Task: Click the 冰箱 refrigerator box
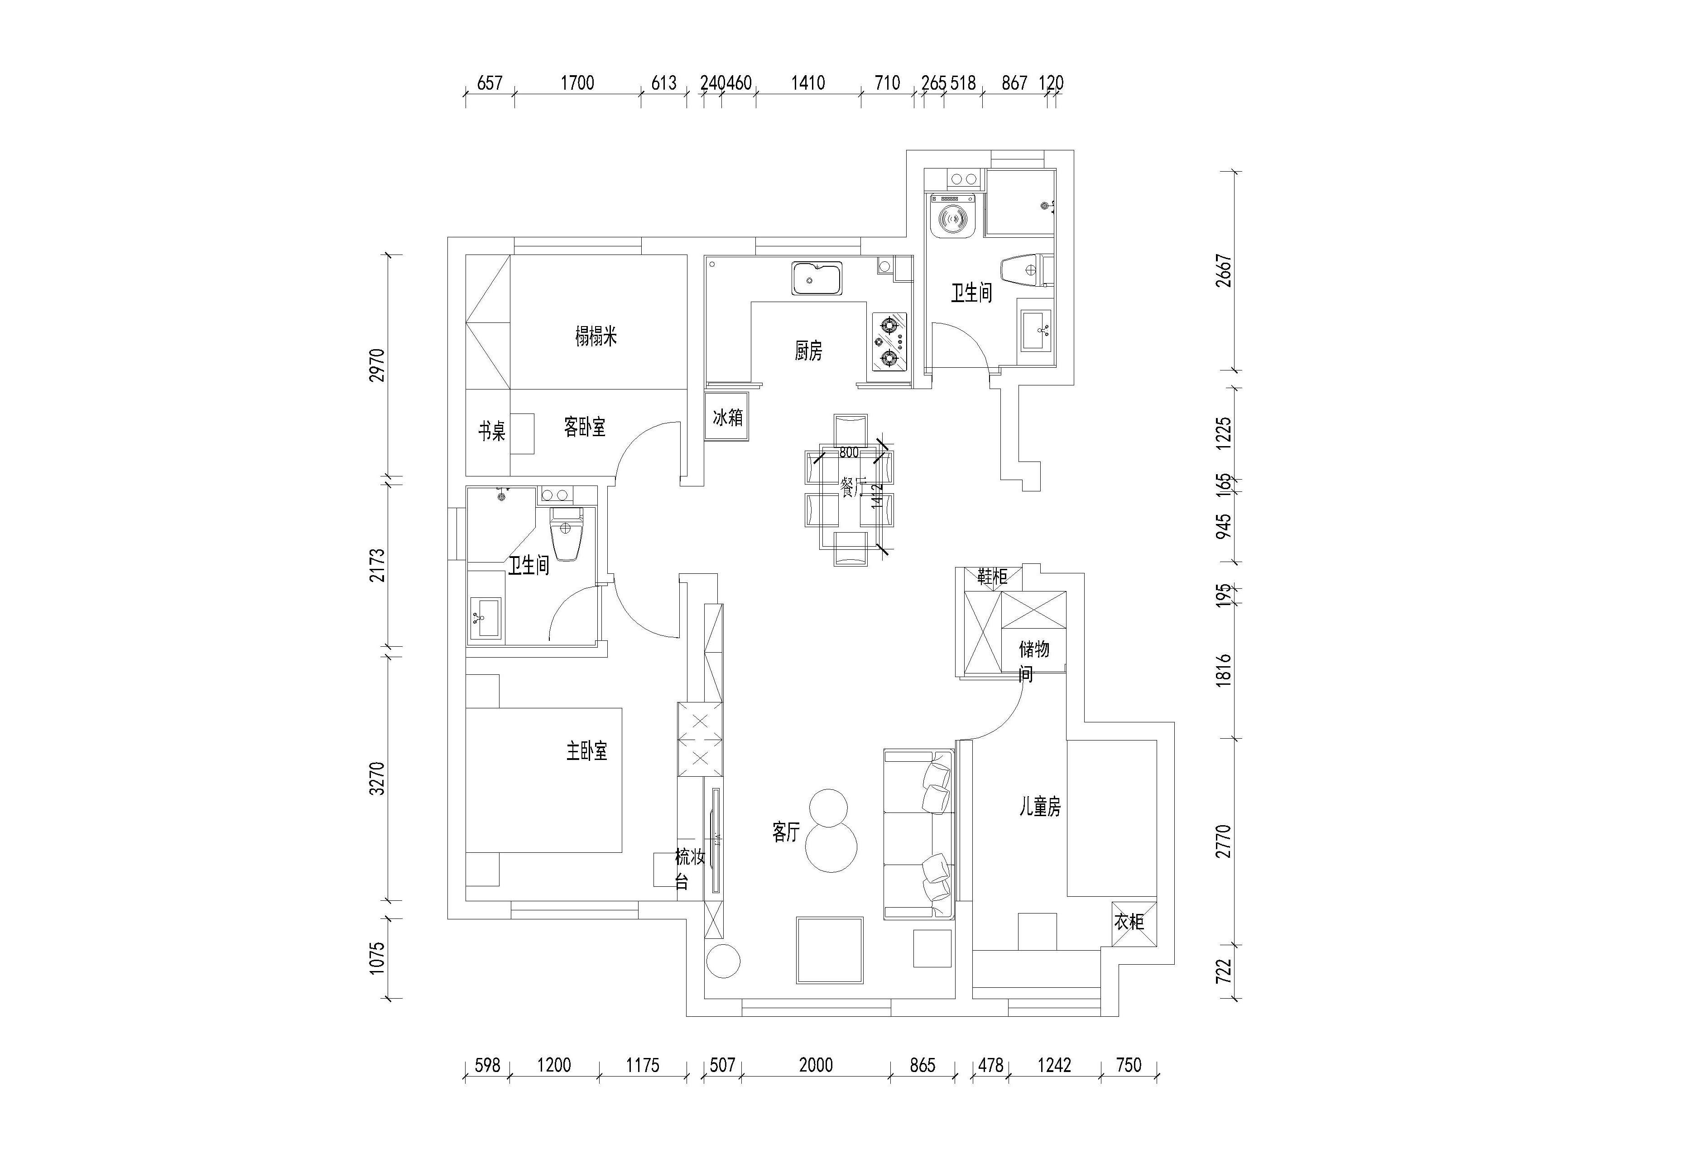pos(727,418)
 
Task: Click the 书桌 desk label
pos(492,431)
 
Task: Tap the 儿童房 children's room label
pos(1040,807)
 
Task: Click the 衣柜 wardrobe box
pos(1129,922)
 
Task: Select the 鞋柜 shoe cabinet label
pos(992,576)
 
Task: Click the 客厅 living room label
pos(786,832)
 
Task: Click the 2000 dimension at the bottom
pos(816,1065)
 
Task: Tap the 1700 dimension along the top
pos(577,82)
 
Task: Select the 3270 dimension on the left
pos(377,779)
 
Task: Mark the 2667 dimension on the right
pos(1224,270)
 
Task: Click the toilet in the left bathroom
pos(567,535)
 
